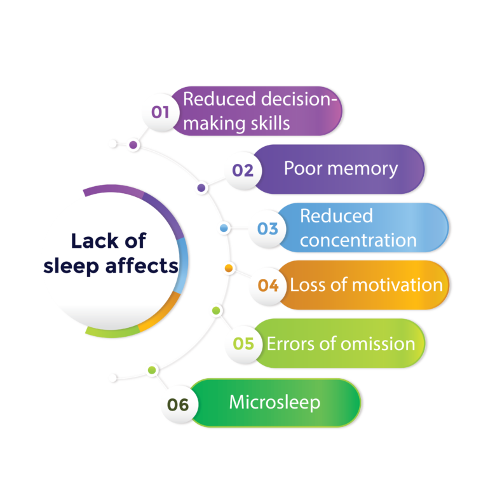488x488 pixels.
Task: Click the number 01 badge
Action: (x=161, y=112)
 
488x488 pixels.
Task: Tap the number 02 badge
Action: (x=243, y=170)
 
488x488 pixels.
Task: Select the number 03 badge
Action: (x=268, y=229)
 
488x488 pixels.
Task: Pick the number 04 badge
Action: (x=268, y=286)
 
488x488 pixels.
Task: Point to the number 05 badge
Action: (x=243, y=344)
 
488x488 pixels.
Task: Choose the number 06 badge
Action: (x=179, y=405)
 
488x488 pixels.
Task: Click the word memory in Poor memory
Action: (x=363, y=170)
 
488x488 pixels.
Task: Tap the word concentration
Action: (x=358, y=241)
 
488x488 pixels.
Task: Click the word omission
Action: (x=378, y=344)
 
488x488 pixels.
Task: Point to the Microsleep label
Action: (x=274, y=403)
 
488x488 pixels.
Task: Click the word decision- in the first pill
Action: (x=299, y=99)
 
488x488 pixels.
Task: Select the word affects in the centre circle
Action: (x=142, y=266)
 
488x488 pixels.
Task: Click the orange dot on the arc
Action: (x=229, y=268)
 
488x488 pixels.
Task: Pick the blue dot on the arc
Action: (x=224, y=228)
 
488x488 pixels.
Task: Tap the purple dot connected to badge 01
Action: (x=133, y=145)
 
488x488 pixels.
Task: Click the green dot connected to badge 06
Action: (x=152, y=370)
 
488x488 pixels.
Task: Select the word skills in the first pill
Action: (x=271, y=123)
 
